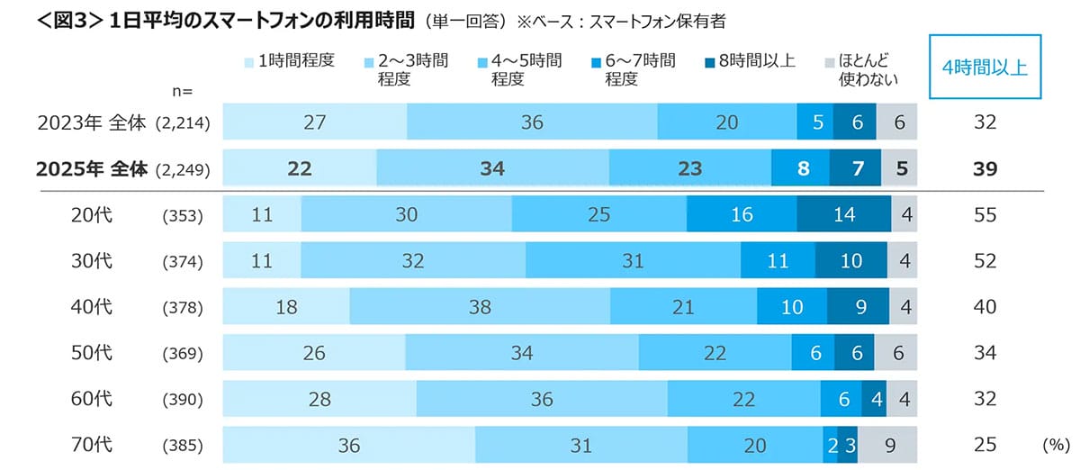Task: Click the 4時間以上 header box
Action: pos(985,67)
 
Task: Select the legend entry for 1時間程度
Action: pos(289,61)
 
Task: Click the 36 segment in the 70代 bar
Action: pos(348,445)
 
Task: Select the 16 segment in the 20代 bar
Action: pos(741,214)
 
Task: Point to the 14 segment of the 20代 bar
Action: pos(843,214)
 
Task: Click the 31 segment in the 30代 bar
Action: pos(633,261)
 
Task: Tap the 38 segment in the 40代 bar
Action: pos(480,307)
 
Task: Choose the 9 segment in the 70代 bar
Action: pos(888,445)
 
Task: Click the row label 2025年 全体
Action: pos(90,168)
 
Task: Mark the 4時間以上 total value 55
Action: pos(985,214)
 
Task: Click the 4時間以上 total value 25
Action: pos(985,445)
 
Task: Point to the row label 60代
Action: pos(91,399)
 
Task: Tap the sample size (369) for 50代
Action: pos(184,353)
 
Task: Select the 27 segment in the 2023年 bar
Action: pos(314,122)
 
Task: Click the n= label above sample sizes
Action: pos(183,90)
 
